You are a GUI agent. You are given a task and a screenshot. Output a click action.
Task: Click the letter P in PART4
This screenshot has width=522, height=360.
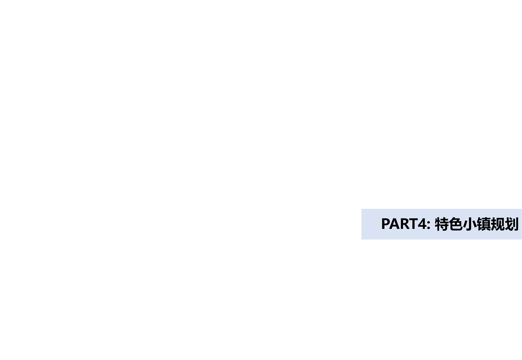tap(386, 224)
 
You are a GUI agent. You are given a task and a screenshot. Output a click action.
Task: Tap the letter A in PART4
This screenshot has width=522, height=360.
tap(395, 224)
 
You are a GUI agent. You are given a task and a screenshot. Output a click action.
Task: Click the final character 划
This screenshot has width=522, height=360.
tap(511, 224)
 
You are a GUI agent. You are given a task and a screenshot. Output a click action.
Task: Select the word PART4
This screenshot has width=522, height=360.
tap(404, 224)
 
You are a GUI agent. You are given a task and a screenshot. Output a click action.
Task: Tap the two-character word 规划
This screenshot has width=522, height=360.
tap(505, 224)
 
